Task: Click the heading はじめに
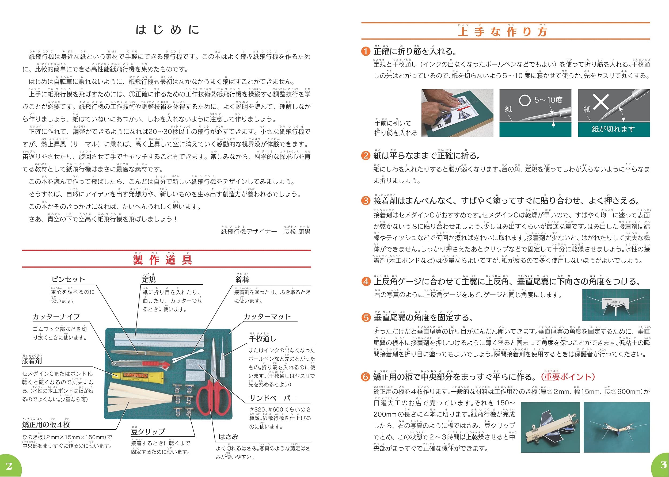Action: [167, 30]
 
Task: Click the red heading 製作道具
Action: [162, 260]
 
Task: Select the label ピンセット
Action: [68, 279]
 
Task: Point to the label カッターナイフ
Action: [56, 317]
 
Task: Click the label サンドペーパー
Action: [273, 398]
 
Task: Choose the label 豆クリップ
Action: [148, 432]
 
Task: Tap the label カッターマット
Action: [267, 317]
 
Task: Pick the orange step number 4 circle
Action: [366, 282]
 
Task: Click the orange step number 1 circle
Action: [366, 52]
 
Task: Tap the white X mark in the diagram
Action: [600, 102]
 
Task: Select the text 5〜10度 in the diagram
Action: [548, 100]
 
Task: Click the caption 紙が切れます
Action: [613, 129]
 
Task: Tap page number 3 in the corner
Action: [663, 464]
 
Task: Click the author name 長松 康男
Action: [297, 232]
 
